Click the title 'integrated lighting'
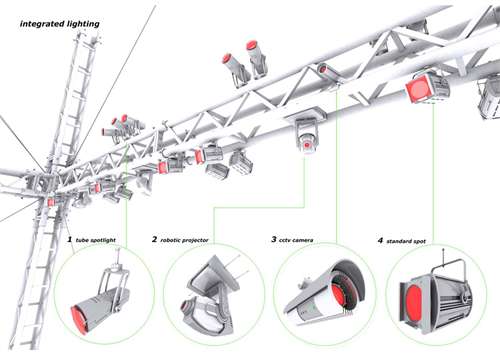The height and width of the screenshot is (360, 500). click(60, 24)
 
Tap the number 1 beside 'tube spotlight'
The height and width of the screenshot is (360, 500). click(70, 239)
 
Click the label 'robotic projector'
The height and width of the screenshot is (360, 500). click(184, 240)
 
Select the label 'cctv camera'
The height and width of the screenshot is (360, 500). click(296, 240)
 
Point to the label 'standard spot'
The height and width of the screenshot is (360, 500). click(406, 241)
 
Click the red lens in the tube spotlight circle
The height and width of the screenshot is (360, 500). click(79, 319)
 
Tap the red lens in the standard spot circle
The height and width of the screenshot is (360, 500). click(414, 302)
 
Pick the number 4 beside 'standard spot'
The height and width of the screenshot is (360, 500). click(380, 240)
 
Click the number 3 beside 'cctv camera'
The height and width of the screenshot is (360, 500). click(274, 239)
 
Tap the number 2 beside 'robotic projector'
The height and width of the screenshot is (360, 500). click(154, 239)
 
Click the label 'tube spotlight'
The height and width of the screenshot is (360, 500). click(96, 240)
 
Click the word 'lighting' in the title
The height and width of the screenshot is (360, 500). click(83, 24)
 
